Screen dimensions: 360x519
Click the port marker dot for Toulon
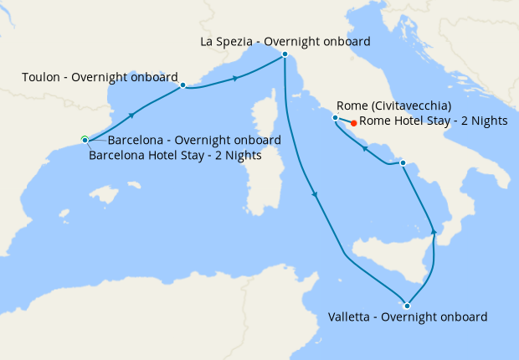(182, 85)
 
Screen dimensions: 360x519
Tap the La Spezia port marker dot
(285, 54)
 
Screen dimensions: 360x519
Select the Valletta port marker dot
(407, 305)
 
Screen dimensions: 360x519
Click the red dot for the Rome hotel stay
(354, 123)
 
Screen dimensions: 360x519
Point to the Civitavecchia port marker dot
(335, 118)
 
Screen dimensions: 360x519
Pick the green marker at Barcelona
(85, 139)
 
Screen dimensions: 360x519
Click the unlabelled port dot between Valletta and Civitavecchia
(403, 162)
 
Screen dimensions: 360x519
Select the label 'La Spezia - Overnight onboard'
(285, 41)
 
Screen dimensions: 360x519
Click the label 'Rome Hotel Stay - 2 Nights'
(433, 121)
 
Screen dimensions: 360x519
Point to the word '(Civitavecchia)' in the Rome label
(411, 105)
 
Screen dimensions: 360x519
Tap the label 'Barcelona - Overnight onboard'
(194, 140)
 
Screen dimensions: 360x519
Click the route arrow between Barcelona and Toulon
(131, 115)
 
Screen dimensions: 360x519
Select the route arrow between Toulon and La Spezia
(235, 78)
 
